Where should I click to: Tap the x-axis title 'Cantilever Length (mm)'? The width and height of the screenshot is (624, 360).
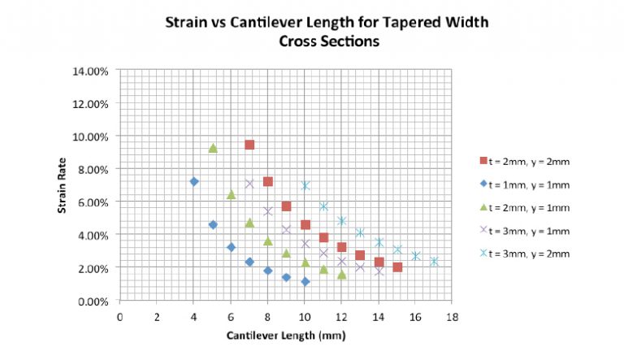(284, 334)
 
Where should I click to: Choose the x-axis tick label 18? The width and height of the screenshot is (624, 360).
(453, 315)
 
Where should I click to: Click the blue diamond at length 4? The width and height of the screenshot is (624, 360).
(194, 181)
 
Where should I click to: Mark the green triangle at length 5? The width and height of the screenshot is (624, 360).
(213, 148)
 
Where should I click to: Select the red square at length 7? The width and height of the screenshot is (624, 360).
(249, 145)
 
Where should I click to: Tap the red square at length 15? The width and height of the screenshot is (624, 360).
(397, 267)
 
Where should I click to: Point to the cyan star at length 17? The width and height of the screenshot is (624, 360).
(434, 261)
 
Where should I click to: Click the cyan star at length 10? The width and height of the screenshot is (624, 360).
(305, 185)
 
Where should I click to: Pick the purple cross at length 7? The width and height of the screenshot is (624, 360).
(249, 184)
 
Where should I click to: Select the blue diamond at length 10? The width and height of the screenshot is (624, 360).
(305, 281)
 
